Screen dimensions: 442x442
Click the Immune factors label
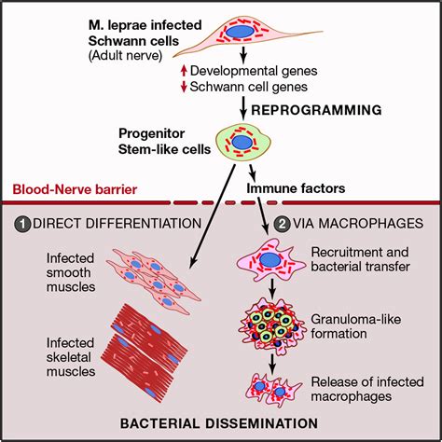pos(296,186)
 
